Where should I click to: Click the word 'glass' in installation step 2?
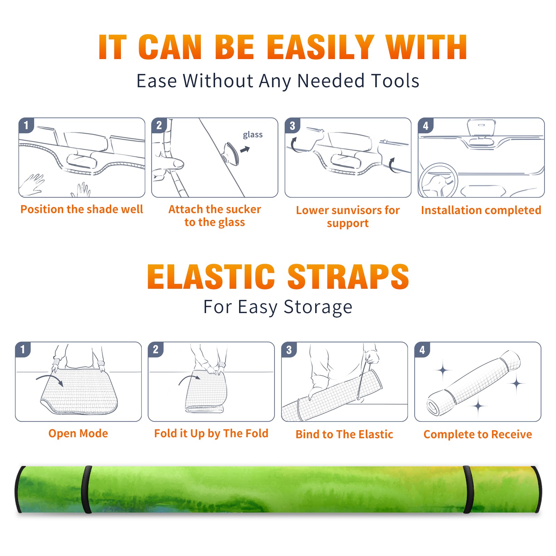coord(253,135)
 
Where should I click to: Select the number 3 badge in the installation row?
coord(292,125)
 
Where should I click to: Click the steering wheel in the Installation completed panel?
coord(438,181)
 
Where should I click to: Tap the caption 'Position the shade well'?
coord(82,209)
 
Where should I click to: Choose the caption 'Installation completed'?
coord(481,210)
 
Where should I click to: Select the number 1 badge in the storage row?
coord(23,349)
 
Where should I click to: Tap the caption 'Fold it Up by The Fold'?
coord(211,433)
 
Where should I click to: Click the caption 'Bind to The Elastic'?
coord(344,434)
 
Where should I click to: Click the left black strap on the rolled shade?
coord(87,490)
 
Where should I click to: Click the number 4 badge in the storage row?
coord(422,350)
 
